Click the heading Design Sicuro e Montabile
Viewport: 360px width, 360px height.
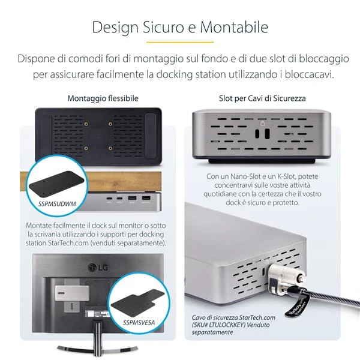tap(180, 28)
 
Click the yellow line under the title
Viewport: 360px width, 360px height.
tap(180, 42)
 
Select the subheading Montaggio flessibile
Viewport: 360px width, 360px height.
tap(103, 98)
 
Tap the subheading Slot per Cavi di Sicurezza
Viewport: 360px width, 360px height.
tap(262, 98)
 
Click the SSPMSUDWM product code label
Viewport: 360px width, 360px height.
tap(57, 204)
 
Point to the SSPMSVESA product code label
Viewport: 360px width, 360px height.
tap(139, 323)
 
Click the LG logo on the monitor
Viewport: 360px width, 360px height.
tap(98, 268)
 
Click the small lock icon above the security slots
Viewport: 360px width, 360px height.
tap(263, 123)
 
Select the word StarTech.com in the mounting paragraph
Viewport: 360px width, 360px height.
tap(68, 243)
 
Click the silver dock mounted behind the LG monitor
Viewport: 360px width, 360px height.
tap(72, 293)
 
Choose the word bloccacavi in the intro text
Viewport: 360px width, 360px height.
tap(309, 74)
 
